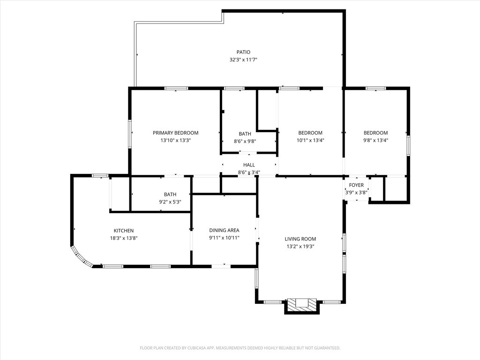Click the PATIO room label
click(x=243, y=52)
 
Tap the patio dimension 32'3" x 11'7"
click(x=243, y=60)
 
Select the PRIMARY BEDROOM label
click(x=175, y=133)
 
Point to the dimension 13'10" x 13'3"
click(x=175, y=141)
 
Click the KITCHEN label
click(x=124, y=231)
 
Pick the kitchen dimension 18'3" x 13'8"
click(x=124, y=238)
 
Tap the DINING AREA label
click(x=224, y=230)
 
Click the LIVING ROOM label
click(x=300, y=239)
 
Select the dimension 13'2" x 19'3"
click(x=300, y=247)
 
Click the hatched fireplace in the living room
click(x=302, y=305)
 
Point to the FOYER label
click(x=356, y=185)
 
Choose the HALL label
click(x=249, y=165)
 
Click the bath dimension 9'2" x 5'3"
click(x=170, y=202)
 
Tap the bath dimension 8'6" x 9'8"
click(x=245, y=142)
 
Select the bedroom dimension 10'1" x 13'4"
click(x=310, y=141)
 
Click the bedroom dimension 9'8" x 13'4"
click(x=375, y=141)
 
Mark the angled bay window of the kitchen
click(x=81, y=257)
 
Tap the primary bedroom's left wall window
click(x=130, y=134)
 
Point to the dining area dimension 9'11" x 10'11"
click(x=224, y=238)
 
